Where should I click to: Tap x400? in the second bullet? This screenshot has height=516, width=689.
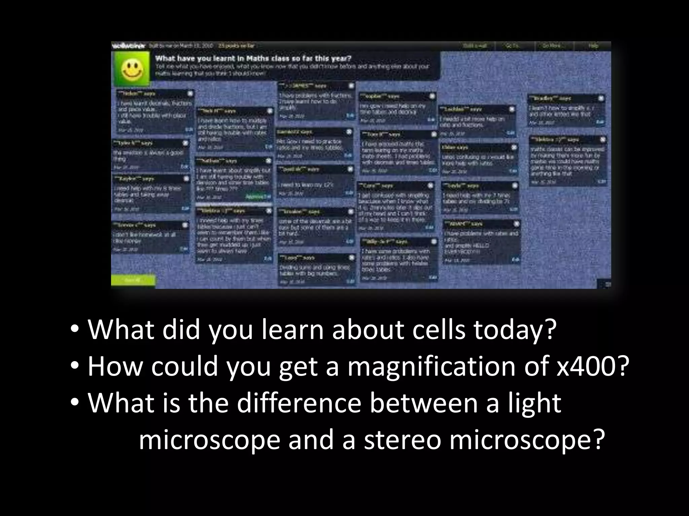[x=593, y=367]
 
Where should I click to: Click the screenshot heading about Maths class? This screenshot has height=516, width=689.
[x=253, y=58]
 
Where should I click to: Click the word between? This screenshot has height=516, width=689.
[x=424, y=403]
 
